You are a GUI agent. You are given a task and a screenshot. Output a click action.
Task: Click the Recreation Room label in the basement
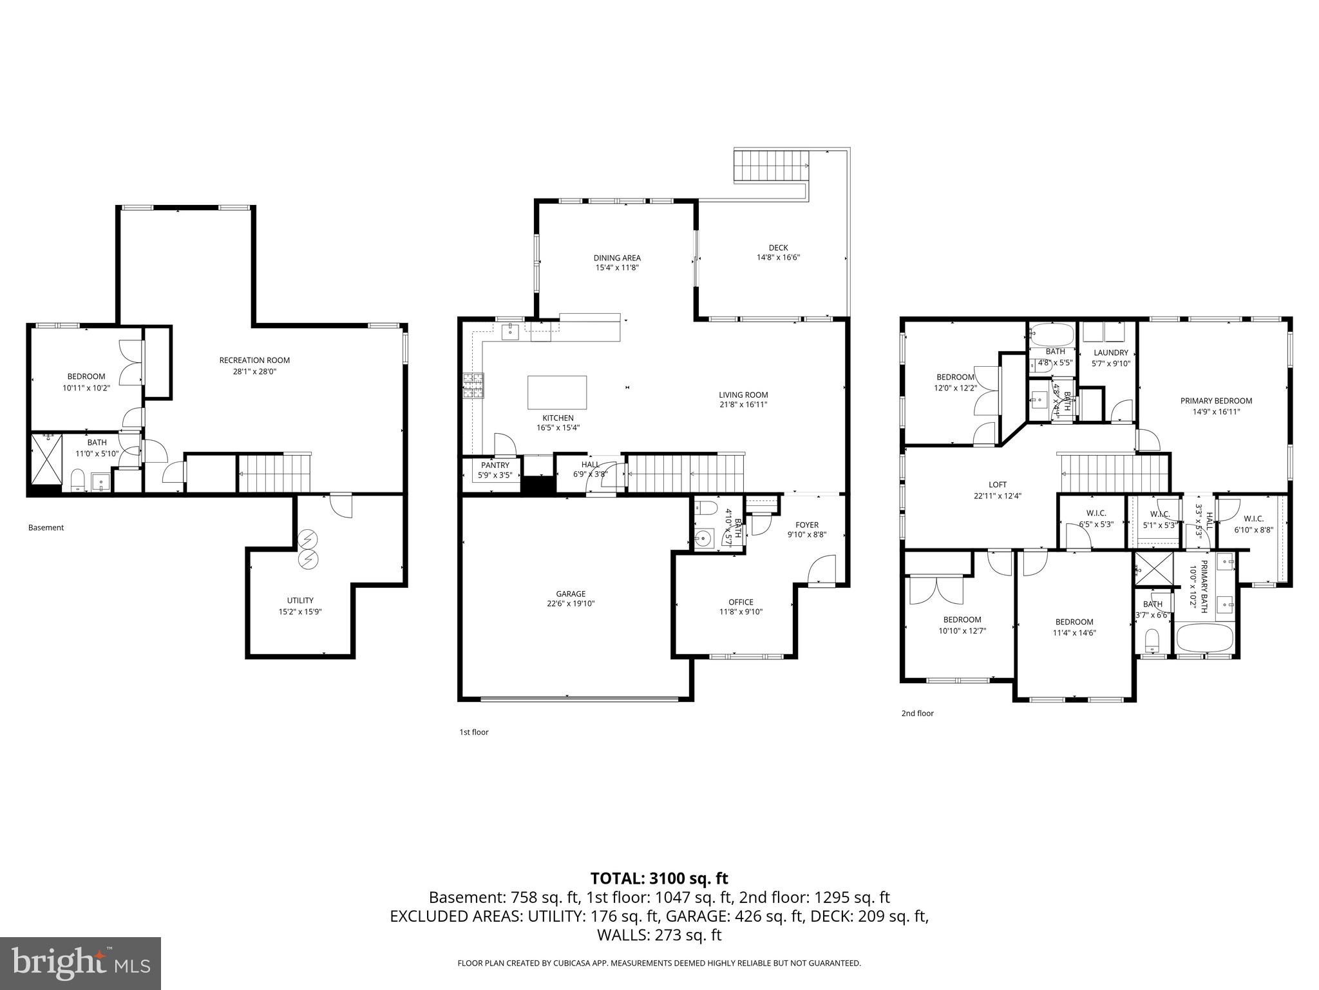254,360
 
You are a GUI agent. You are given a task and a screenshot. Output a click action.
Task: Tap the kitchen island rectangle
557,392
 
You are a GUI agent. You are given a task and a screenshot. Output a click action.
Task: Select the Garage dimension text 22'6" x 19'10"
571,604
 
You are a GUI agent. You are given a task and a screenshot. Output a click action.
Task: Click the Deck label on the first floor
778,247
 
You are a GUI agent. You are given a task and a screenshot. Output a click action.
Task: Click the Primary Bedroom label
1216,401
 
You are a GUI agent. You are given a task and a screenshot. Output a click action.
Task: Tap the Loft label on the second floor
997,485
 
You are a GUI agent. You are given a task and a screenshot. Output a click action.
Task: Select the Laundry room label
1111,353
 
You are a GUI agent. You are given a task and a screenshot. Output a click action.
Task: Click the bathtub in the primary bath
1204,638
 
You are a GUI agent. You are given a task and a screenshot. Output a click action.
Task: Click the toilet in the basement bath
78,480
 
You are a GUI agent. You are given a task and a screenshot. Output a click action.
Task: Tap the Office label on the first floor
741,602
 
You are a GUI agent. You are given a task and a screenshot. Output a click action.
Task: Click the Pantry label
495,465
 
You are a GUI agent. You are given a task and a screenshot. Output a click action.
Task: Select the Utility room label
300,600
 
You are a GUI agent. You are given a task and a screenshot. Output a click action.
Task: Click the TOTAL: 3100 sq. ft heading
659,878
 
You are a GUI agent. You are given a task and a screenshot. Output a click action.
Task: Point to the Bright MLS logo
81,963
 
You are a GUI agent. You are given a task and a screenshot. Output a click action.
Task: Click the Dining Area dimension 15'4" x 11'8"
617,267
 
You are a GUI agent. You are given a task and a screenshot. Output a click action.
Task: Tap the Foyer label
806,525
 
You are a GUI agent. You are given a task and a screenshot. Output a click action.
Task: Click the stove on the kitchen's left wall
473,387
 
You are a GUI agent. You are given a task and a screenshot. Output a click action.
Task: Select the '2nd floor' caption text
917,713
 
